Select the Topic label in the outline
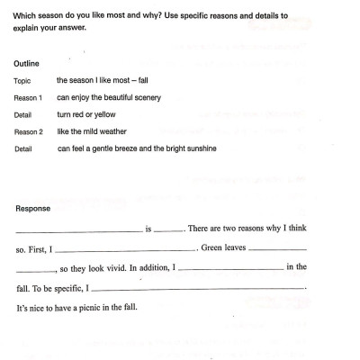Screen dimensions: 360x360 coord(22,80)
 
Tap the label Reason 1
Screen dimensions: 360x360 coord(29,96)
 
